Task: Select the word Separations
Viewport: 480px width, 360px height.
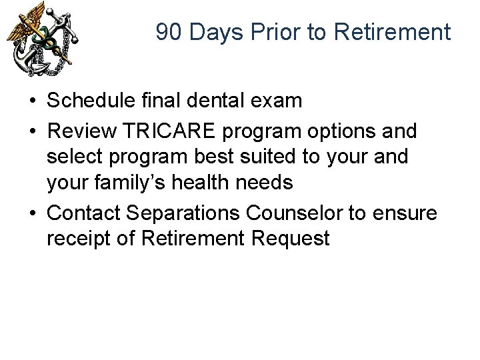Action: pos(186,213)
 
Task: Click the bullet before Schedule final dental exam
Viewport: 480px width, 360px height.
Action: pos(32,102)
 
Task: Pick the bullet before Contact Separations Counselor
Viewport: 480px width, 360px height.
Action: pos(32,214)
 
